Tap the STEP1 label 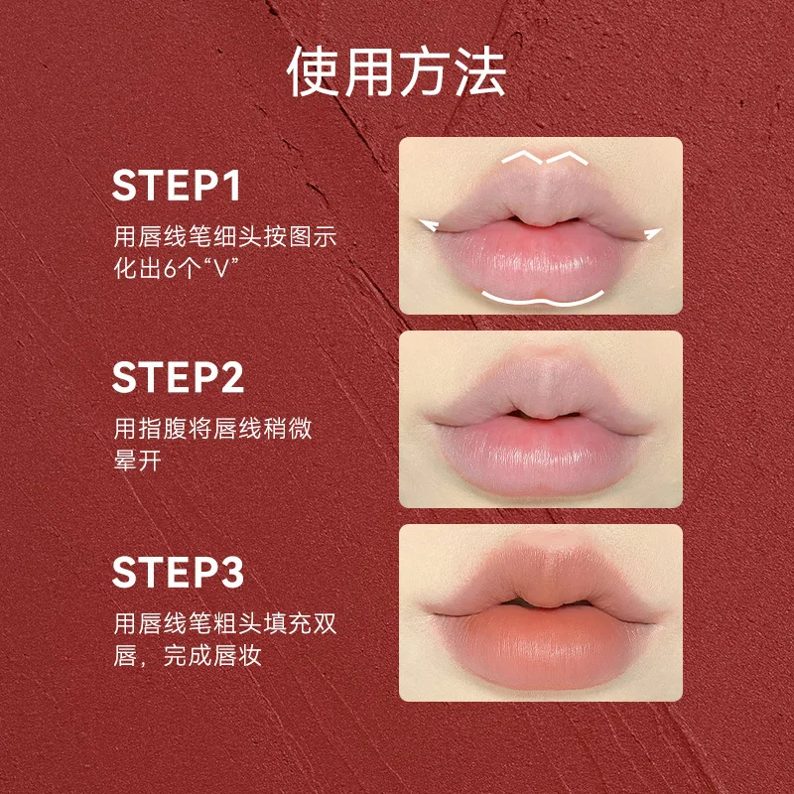178,186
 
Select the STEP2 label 178,378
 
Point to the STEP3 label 178,573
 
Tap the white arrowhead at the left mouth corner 429,226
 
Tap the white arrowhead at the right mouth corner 652,234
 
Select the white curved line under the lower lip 541,299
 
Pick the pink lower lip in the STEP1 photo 541,258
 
